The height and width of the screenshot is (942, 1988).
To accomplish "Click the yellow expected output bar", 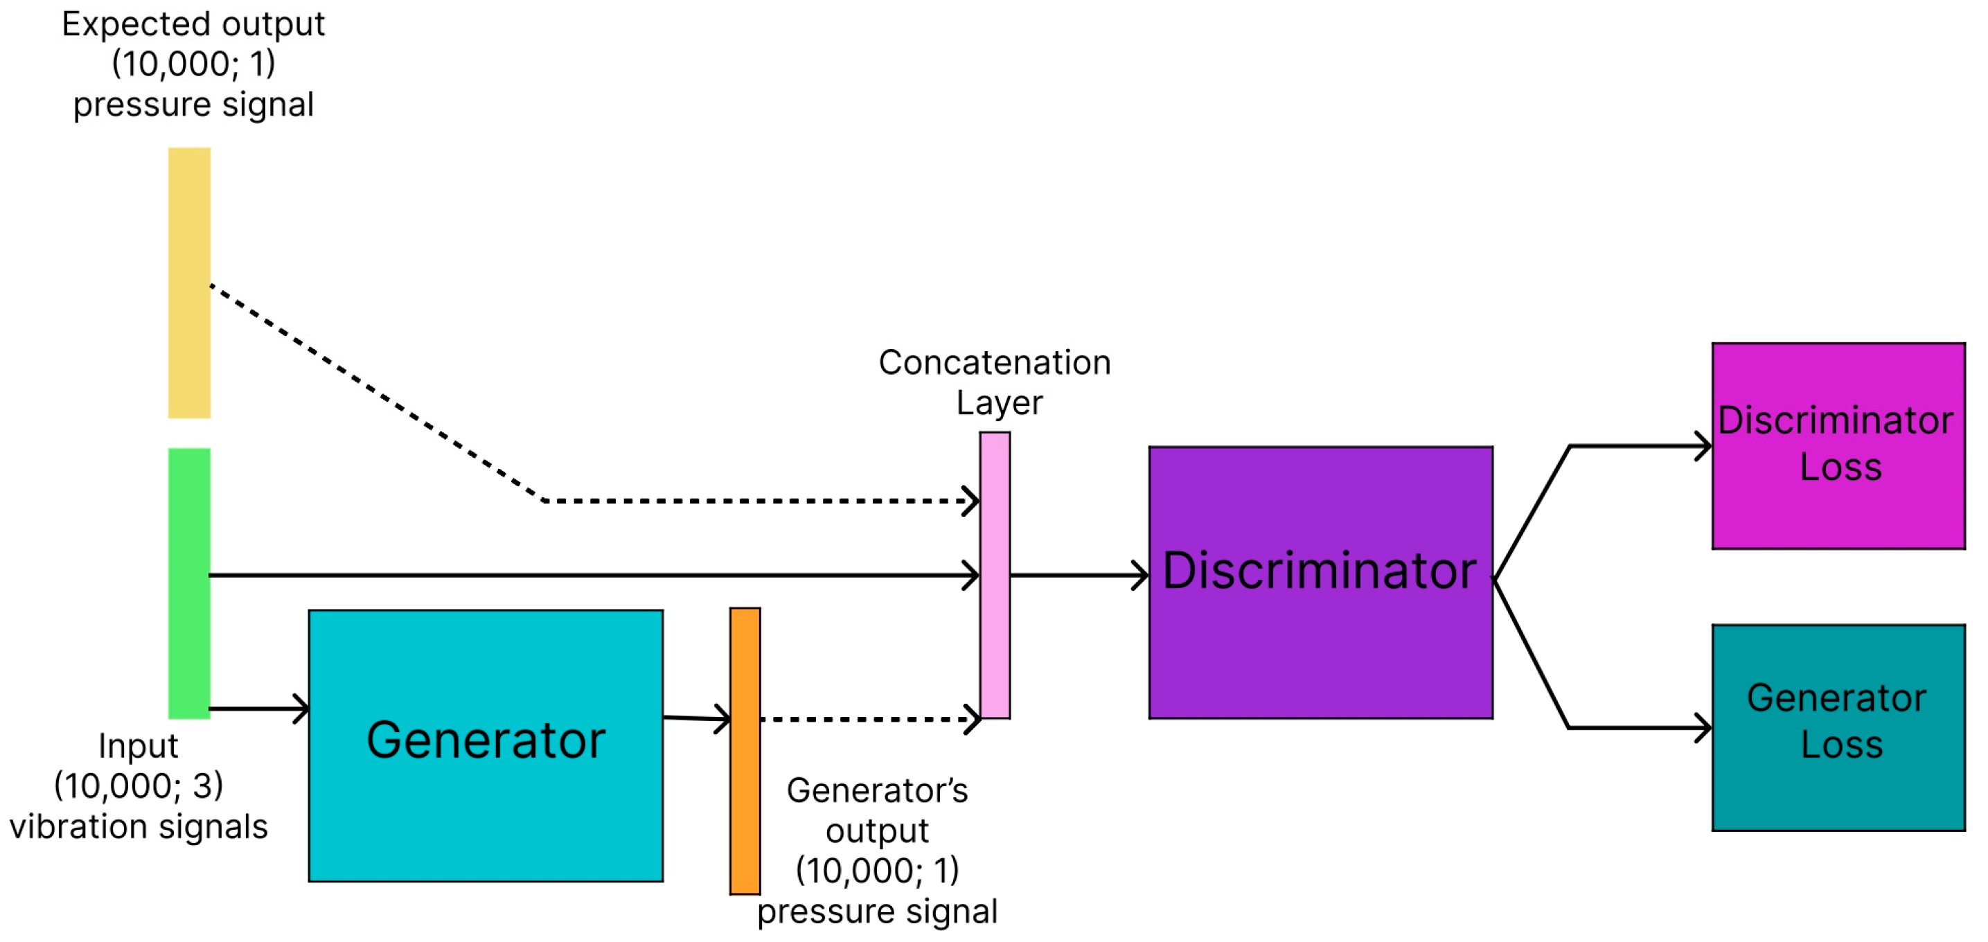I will tap(189, 283).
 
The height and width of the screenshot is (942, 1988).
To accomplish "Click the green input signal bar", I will tap(189, 583).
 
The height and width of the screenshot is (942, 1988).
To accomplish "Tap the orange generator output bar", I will tap(745, 751).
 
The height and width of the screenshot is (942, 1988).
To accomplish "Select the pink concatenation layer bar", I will tap(995, 575).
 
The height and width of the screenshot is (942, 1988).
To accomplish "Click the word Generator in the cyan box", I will tap(486, 740).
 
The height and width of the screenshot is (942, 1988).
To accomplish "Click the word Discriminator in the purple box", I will tap(1319, 571).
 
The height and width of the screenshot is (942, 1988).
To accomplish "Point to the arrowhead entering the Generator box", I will tap(302, 709).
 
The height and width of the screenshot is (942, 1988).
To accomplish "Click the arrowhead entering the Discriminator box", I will tap(1141, 576).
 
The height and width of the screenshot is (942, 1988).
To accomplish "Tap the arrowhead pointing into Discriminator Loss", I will tap(1703, 446).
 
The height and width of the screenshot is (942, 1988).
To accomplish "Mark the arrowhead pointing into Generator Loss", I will tap(1703, 727).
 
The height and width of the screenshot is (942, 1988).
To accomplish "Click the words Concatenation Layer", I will tap(995, 382).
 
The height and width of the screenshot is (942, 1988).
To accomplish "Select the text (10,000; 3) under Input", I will tap(139, 786).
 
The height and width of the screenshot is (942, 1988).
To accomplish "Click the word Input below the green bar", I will tap(139, 746).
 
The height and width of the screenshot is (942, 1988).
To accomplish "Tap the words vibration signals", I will tap(139, 827).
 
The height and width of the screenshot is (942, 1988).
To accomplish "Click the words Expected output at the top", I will tap(193, 25).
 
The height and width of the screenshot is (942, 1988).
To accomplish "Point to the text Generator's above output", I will tap(878, 791).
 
